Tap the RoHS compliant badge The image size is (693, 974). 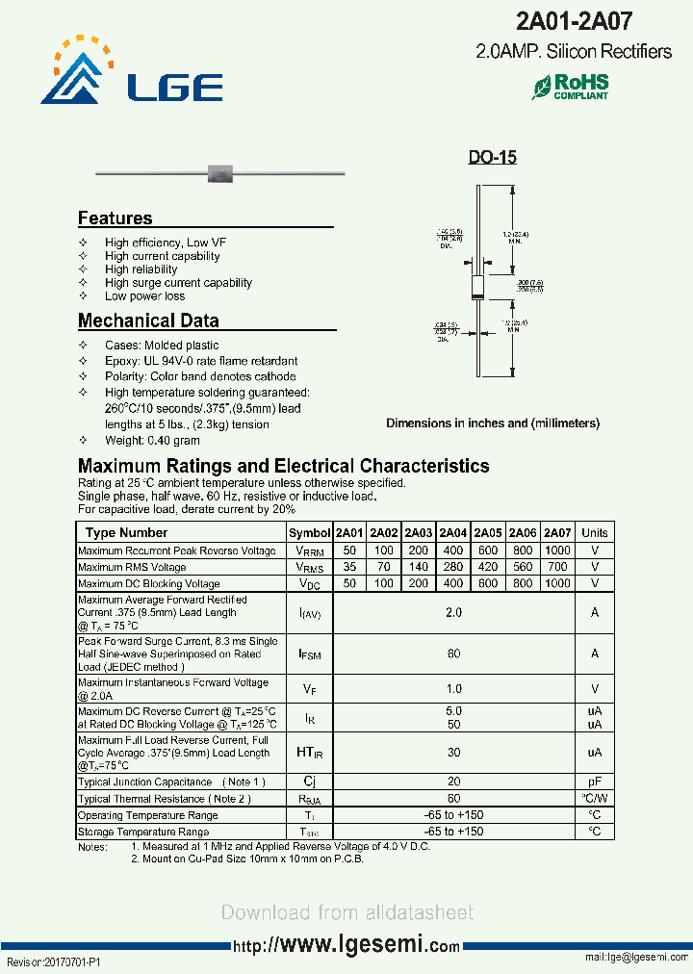(571, 87)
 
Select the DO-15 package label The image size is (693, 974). (492, 157)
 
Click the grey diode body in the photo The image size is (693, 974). (221, 173)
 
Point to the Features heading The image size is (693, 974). (115, 218)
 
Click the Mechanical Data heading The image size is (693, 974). (148, 320)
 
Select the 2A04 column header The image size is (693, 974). (452, 533)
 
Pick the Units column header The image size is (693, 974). (595, 533)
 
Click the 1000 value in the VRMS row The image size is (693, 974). (557, 551)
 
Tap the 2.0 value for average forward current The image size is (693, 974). (453, 612)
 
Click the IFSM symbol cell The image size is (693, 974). (309, 654)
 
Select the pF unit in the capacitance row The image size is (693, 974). (595, 782)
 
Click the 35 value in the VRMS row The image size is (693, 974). (348, 568)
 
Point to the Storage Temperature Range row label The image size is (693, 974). (143, 832)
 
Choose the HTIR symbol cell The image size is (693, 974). (309, 753)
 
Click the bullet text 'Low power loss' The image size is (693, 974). (144, 296)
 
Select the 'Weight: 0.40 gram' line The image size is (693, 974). (152, 440)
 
